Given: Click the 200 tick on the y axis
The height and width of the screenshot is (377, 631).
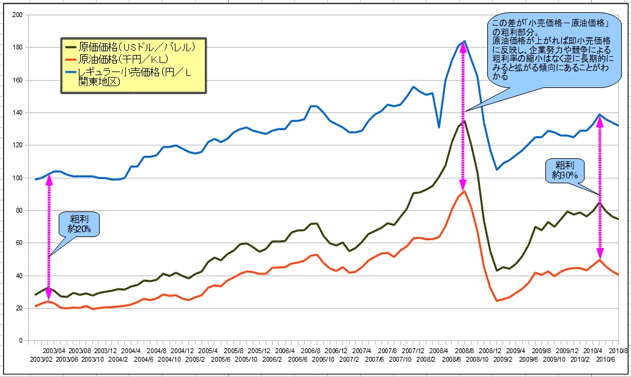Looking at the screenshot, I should click(x=18, y=15).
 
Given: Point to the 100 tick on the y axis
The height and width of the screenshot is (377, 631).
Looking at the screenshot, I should click(x=18, y=178).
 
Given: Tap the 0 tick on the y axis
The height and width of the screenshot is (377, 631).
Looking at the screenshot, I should click(x=21, y=340).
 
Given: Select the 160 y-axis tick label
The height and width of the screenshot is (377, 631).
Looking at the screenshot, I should click(x=18, y=80).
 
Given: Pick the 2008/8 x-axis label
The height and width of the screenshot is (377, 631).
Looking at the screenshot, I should click(x=465, y=351).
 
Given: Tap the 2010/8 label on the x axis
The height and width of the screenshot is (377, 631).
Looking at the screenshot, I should click(x=619, y=351).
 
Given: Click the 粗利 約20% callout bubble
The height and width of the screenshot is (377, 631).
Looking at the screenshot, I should click(x=78, y=224).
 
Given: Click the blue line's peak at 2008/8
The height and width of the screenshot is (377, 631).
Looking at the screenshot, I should click(x=465, y=41).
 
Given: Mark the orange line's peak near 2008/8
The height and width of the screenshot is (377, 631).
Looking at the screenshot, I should click(x=465, y=191).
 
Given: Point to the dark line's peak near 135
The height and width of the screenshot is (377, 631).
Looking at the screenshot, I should click(x=464, y=121).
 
